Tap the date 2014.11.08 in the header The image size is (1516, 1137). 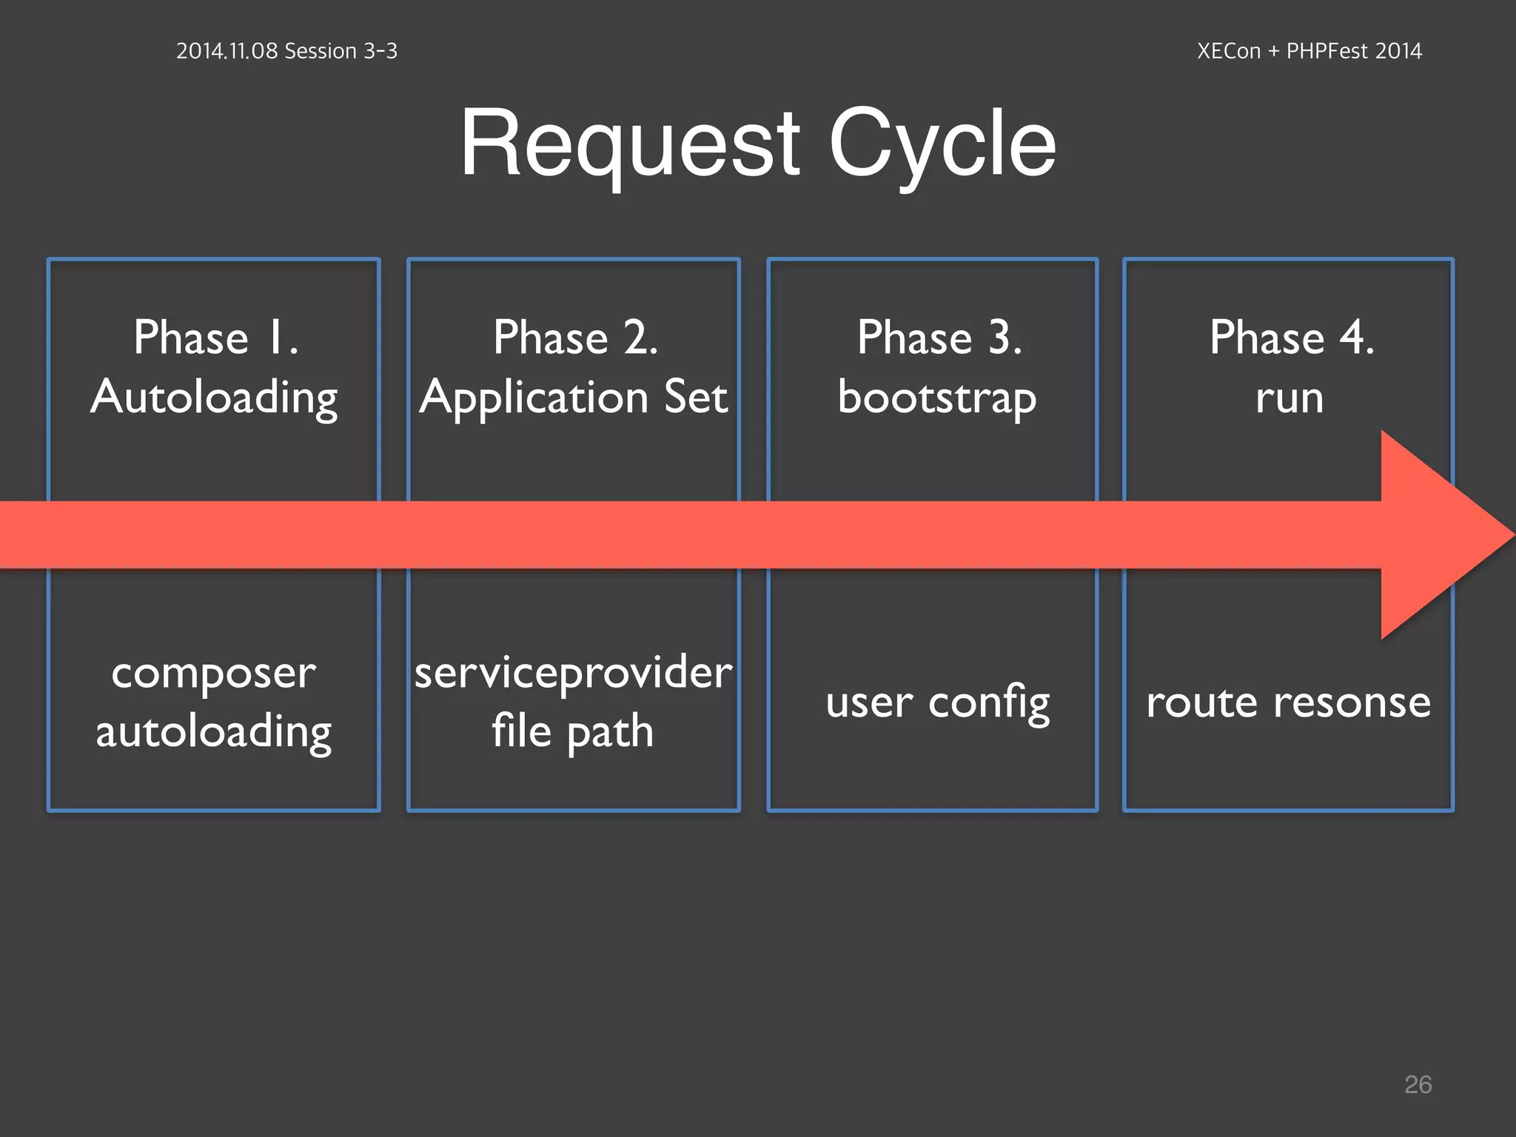point(227,51)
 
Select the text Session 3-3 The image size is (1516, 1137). point(341,51)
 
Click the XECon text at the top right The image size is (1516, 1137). point(1228,51)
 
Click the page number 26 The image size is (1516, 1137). point(1418,1084)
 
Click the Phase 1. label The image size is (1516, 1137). point(215,338)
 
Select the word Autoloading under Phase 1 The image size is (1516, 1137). point(214,398)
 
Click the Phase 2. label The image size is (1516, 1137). point(575,338)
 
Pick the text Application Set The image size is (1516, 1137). point(574,398)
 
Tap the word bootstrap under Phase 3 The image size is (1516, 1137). point(936,398)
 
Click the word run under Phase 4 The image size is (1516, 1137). point(1289,398)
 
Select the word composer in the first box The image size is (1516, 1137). point(213,674)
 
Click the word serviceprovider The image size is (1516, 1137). point(574,674)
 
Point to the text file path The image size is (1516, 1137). point(572,731)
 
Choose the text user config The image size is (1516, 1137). point(937,702)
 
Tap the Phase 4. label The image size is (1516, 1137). point(1291,338)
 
